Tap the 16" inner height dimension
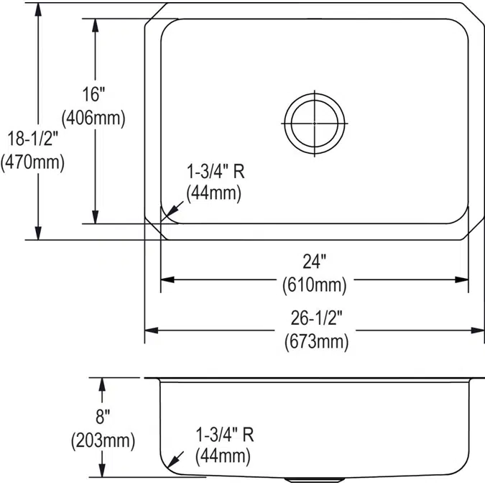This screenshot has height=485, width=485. pyautogui.click(x=93, y=94)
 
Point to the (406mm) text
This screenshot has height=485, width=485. pyautogui.click(x=93, y=117)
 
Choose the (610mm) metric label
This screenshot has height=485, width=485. pyautogui.click(x=314, y=285)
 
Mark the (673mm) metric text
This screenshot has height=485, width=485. pyautogui.click(x=314, y=342)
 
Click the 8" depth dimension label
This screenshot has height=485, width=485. pyautogui.click(x=103, y=416)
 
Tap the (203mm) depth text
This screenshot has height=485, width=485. pyautogui.click(x=103, y=439)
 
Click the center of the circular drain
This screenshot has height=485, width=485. pyautogui.click(x=315, y=124)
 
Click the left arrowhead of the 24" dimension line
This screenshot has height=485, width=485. pyautogui.click(x=165, y=279)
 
